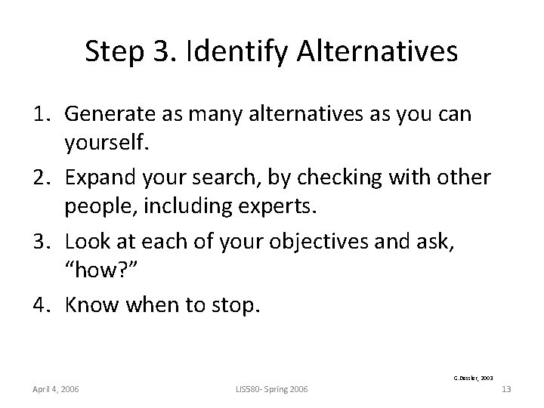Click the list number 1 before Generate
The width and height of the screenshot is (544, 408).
pyautogui.click(x=44, y=114)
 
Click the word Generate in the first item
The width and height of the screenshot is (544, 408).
pyautogui.click(x=112, y=114)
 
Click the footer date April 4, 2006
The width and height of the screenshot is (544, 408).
pyautogui.click(x=56, y=389)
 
